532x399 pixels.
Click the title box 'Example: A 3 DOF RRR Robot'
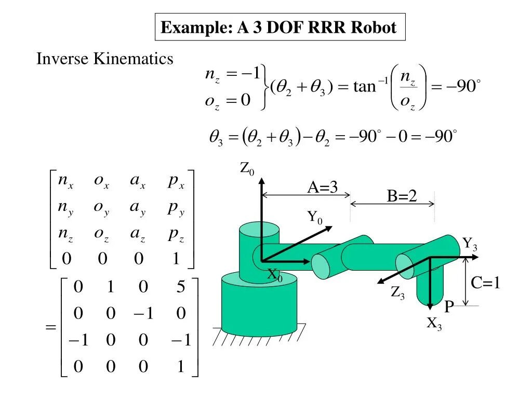point(280,27)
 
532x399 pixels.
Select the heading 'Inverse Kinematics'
point(104,59)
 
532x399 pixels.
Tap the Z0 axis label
point(247,168)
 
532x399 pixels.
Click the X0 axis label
point(274,275)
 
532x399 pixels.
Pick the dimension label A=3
point(322,187)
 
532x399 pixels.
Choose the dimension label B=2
point(402,196)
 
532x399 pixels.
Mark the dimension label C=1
point(485,283)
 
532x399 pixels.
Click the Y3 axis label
point(470,244)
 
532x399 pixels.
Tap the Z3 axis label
point(398,294)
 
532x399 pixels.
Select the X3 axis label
point(434,324)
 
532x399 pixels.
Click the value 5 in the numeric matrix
point(180,287)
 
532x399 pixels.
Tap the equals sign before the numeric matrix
point(50,327)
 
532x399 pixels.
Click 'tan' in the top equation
point(364,86)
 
